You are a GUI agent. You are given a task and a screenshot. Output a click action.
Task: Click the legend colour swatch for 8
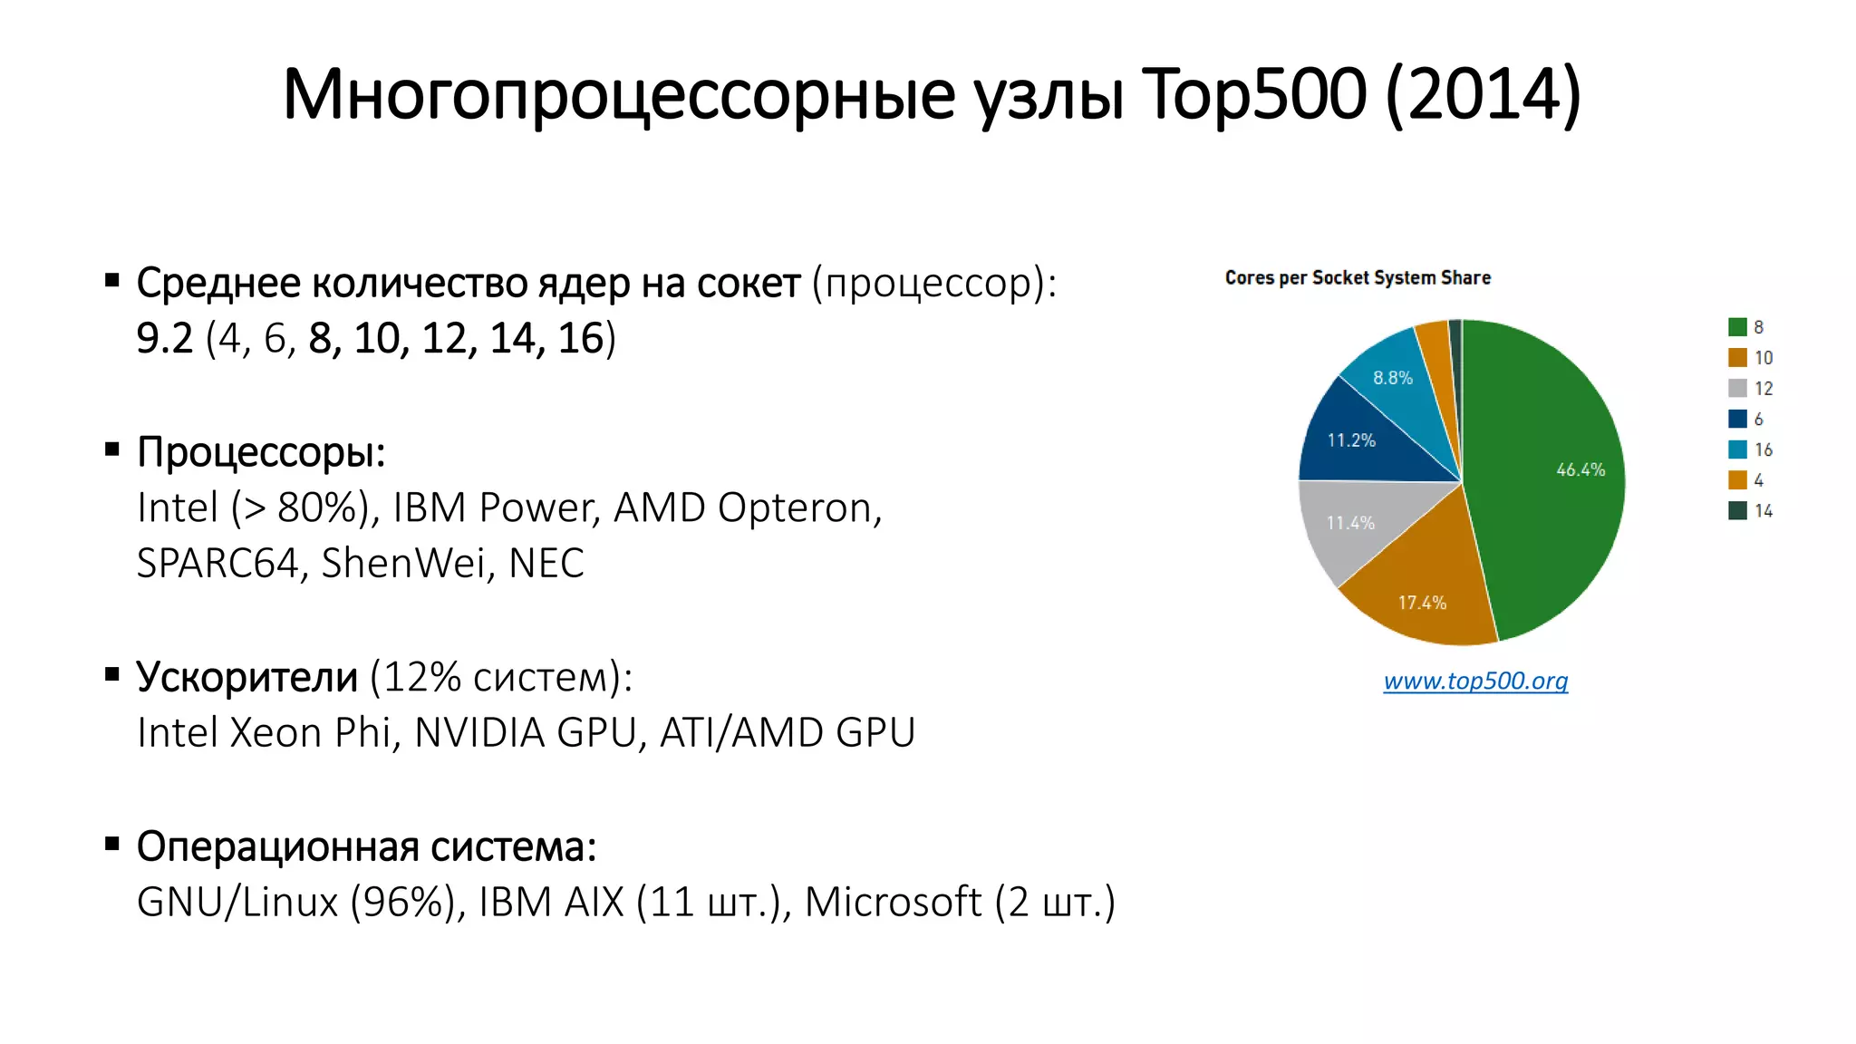1737,327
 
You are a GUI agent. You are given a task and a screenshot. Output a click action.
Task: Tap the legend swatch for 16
1737,449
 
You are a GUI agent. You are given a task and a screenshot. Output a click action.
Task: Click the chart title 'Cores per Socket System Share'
1358,278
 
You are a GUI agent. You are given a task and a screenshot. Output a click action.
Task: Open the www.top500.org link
1475,681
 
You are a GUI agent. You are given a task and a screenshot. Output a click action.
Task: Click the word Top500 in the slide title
1253,94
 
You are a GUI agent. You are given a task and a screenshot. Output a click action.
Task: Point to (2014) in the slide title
1484,94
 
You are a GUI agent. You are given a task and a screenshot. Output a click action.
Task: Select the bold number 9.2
164,338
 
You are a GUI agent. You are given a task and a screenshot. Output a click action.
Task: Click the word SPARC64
217,563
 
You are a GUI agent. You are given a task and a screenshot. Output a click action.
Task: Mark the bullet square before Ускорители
112,674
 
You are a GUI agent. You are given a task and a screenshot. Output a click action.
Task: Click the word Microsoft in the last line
893,902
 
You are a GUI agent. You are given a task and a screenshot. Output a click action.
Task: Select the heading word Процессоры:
261,452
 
